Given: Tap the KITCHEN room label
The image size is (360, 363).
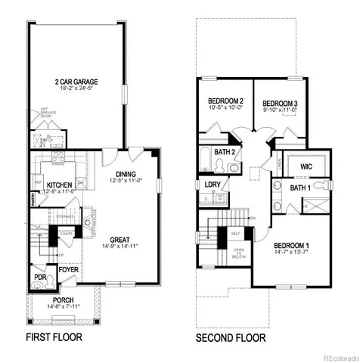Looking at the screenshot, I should pos(59,185).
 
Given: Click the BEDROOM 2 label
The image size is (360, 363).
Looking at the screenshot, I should pos(225,101).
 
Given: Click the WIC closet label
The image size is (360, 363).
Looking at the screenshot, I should pos(307,166).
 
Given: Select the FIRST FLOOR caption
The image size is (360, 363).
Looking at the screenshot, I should pos(54,337).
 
